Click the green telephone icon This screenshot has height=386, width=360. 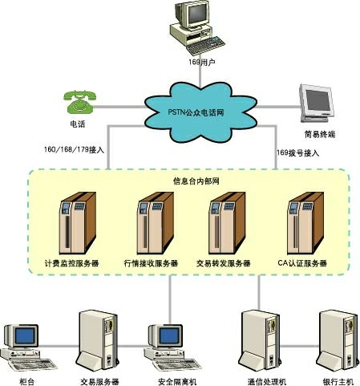tap(79, 102)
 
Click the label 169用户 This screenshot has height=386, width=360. tap(202, 63)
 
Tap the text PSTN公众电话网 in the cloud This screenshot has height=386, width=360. tap(196, 112)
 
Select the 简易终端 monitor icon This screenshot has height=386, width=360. tap(318, 103)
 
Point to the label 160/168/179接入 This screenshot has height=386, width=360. tap(74, 149)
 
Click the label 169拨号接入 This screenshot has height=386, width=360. tap(297, 153)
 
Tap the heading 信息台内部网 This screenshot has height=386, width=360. tap(196, 181)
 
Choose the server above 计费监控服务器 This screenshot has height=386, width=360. tap(77, 223)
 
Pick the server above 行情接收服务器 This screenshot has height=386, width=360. tap(156, 223)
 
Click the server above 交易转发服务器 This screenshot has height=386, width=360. tap(227, 223)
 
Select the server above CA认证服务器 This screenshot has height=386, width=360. tap(305, 223)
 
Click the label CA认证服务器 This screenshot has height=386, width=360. tap(302, 263)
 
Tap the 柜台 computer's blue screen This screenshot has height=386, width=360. tap(25, 336)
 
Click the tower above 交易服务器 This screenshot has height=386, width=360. tap(98, 340)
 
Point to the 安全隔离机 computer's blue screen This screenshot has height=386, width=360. tap(169, 336)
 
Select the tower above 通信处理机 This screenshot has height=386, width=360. tap(260, 340)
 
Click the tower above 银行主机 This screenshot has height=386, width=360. tap(338, 340)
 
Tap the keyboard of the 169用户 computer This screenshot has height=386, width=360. tap(205, 46)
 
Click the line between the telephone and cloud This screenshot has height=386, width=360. tap(119, 107)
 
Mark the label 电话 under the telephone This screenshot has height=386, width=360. tap(78, 124)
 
